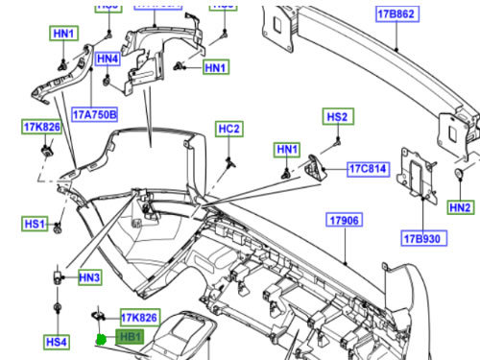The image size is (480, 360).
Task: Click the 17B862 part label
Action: pyautogui.click(x=395, y=14)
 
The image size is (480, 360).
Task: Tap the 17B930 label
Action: pyautogui.click(x=421, y=236)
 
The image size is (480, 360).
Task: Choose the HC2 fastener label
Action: pyautogui.click(x=228, y=129)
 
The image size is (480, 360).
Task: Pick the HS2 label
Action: pyautogui.click(x=338, y=117)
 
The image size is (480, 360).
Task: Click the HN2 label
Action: pyautogui.click(x=461, y=207)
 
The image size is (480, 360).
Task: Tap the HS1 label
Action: pyautogui.click(x=36, y=224)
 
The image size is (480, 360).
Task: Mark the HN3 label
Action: pyautogui.click(x=89, y=277)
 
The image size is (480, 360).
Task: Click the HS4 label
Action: pyautogui.click(x=57, y=341)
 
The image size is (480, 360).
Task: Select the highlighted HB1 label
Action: pyautogui.click(x=130, y=337)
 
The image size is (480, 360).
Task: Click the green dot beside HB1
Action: pyautogui.click(x=100, y=337)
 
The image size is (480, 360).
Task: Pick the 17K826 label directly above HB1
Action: pyautogui.click(x=138, y=317)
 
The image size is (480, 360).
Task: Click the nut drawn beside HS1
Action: pyautogui.click(x=60, y=228)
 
